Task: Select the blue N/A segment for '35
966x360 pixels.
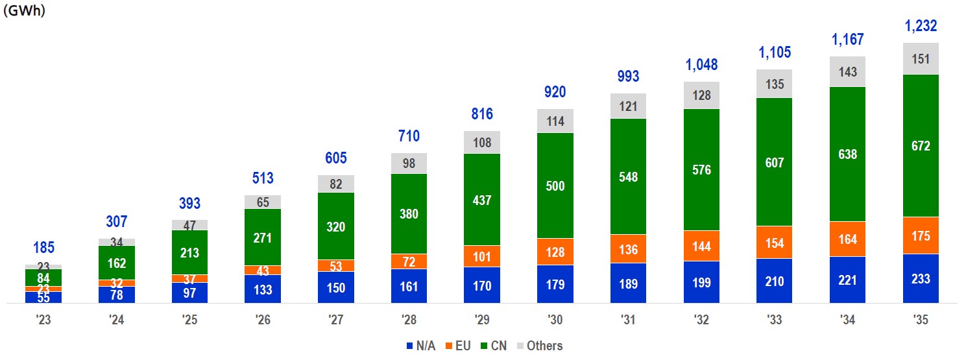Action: tap(921, 278)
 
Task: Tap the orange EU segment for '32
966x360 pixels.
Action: tap(701, 246)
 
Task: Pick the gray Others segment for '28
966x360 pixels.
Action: tap(409, 163)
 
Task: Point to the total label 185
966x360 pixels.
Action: tap(43, 248)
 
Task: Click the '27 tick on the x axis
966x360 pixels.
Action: tap(335, 320)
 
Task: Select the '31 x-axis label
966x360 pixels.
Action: tap(628, 320)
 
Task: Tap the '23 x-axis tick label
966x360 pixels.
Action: tap(43, 320)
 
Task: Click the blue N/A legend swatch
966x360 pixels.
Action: tap(409, 346)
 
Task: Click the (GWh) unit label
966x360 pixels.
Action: tap(24, 11)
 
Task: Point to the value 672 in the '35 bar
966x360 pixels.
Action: tap(921, 146)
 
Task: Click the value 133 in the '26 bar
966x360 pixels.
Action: tap(263, 289)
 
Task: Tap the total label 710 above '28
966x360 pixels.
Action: tap(409, 136)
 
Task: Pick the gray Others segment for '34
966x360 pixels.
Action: tap(847, 71)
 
